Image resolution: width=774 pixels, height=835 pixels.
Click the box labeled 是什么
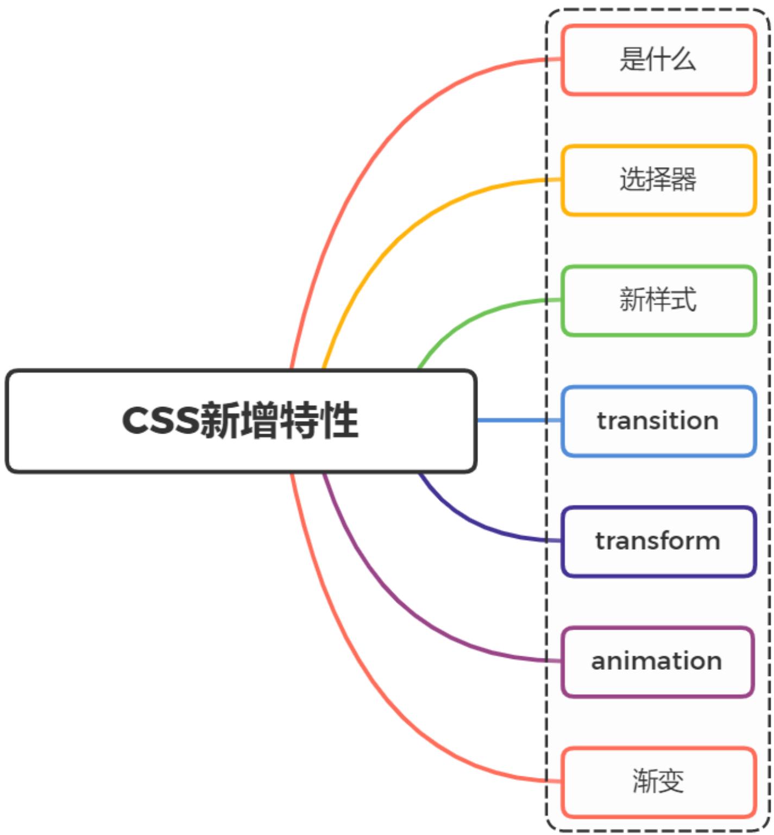click(x=658, y=60)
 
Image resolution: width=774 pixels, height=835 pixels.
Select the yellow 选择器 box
click(x=658, y=180)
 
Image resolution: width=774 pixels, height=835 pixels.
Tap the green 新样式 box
click(x=658, y=300)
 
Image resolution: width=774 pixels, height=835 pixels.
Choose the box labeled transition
click(x=658, y=421)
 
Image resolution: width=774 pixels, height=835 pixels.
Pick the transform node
click(x=658, y=541)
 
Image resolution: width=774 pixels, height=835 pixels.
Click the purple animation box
click(x=657, y=662)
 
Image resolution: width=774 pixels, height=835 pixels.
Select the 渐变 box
click(x=658, y=782)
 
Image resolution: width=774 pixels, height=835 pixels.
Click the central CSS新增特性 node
click(x=241, y=421)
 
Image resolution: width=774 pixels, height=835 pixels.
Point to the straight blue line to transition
click(x=511, y=420)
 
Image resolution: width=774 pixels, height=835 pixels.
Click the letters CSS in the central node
click(x=161, y=420)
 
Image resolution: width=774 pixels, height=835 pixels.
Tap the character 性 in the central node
click(x=339, y=420)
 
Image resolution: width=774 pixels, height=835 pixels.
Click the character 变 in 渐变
click(x=671, y=782)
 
